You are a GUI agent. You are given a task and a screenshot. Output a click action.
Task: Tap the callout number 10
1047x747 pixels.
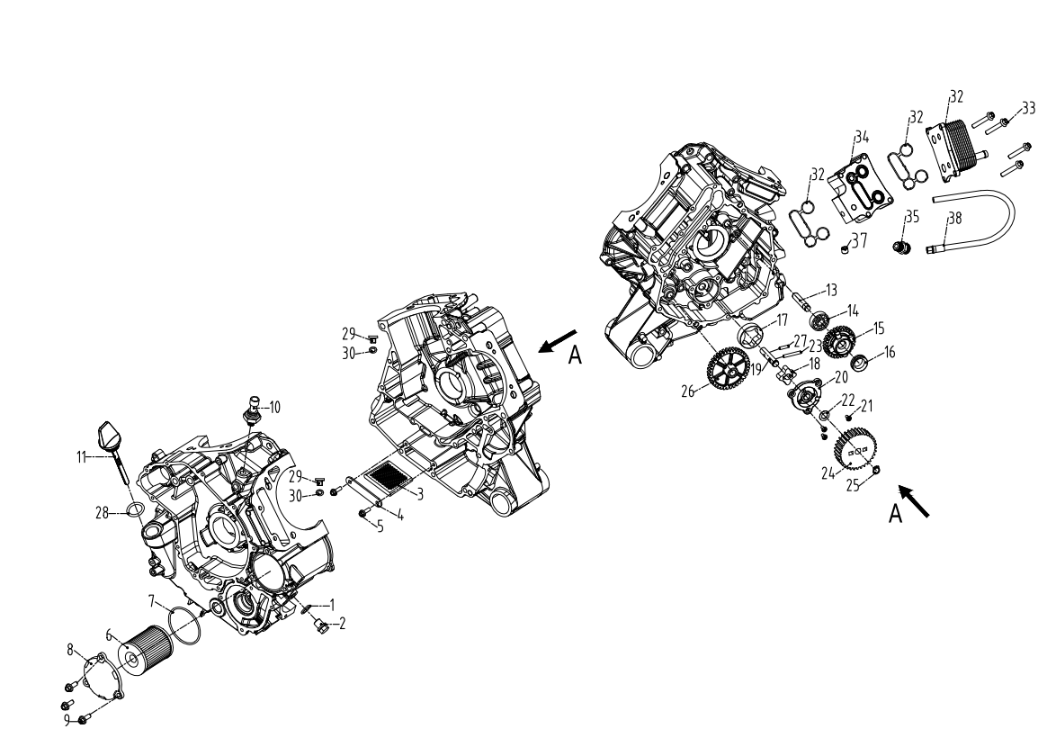(x=273, y=407)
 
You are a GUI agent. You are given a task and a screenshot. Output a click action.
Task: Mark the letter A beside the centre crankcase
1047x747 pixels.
(x=575, y=357)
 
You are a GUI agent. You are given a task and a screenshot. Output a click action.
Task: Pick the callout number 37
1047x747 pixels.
(x=860, y=240)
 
